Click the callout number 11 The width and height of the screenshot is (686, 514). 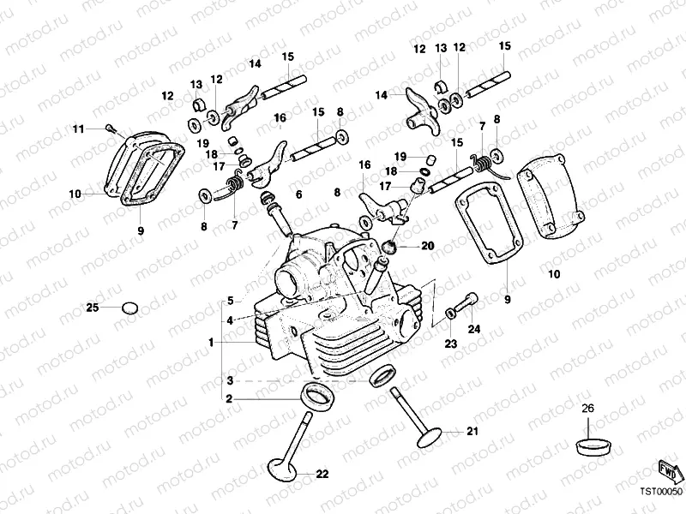tap(78, 128)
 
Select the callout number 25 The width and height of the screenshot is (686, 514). tap(93, 307)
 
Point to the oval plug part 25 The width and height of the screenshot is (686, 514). tap(129, 307)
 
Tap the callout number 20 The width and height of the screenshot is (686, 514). tap(428, 246)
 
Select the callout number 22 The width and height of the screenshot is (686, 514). tap(322, 473)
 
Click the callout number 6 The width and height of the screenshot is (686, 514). tap(299, 195)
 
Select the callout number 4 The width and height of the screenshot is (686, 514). tap(229, 320)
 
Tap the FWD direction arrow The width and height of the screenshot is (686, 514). tap(669, 470)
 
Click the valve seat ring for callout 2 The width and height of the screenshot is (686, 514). tap(316, 396)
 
